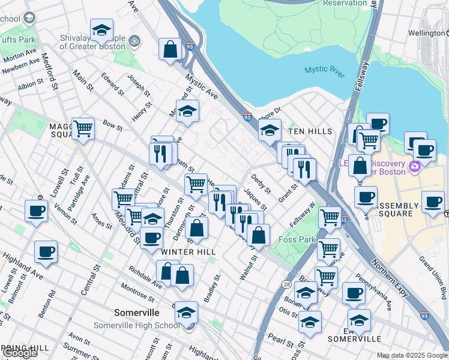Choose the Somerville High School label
[137, 325]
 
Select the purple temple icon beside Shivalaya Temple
[135, 42]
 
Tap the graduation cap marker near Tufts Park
[101, 30]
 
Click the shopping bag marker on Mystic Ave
[170, 49]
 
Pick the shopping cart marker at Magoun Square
[83, 128]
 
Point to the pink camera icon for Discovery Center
[414, 166]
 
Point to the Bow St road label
[112, 127]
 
